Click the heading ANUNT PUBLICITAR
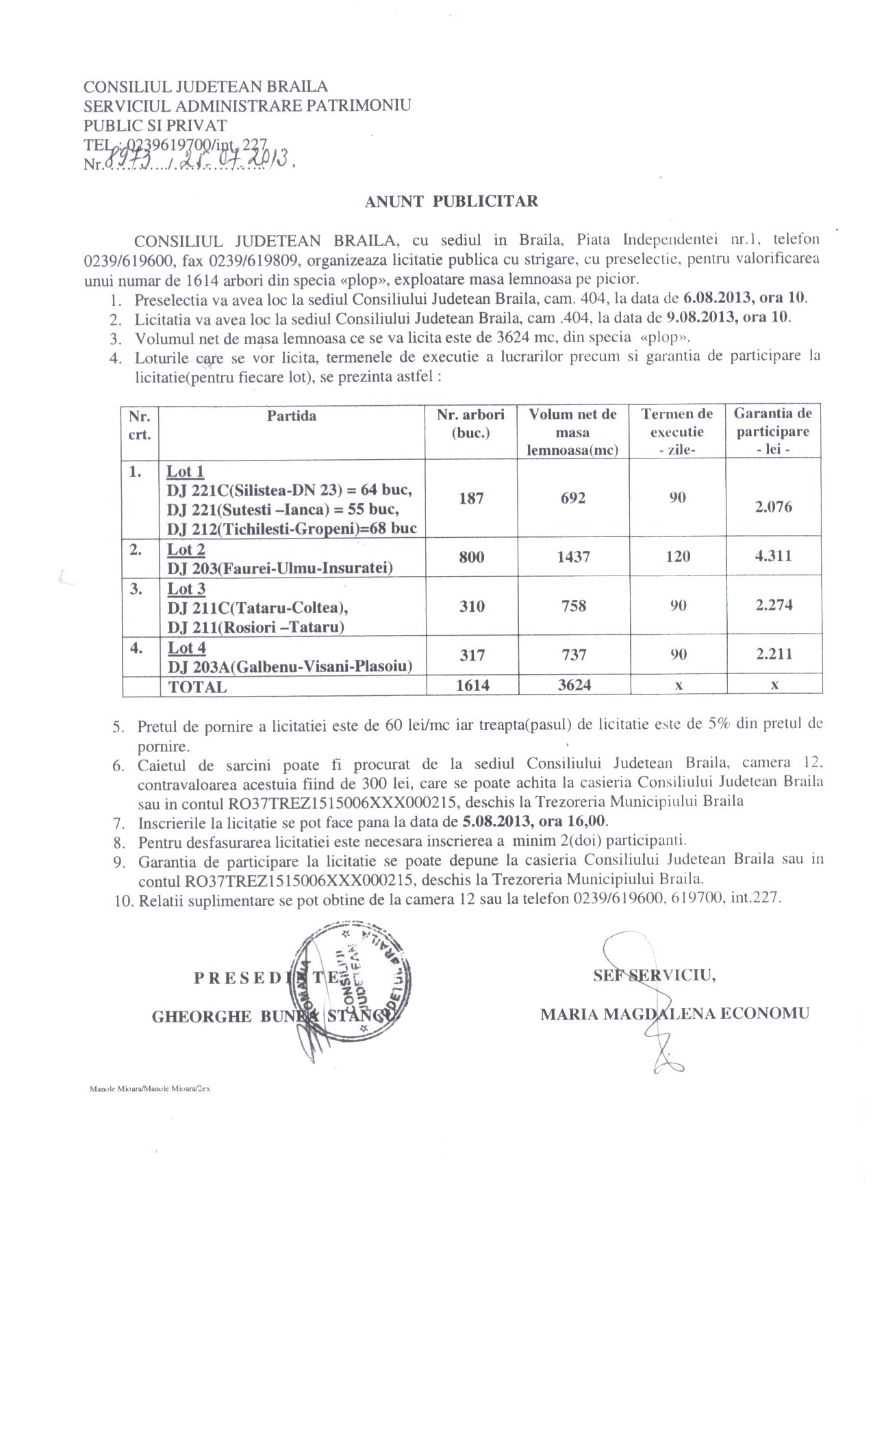click(451, 201)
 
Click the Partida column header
click(292, 415)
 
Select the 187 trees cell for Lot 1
click(472, 498)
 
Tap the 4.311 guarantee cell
click(774, 556)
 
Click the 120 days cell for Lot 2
click(677, 556)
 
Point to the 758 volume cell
click(573, 606)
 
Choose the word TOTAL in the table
click(197, 687)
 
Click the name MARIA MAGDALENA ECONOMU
click(674, 1013)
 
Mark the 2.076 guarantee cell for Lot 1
click(774, 507)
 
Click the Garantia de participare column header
click(773, 431)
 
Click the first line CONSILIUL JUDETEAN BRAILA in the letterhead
click(205, 87)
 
